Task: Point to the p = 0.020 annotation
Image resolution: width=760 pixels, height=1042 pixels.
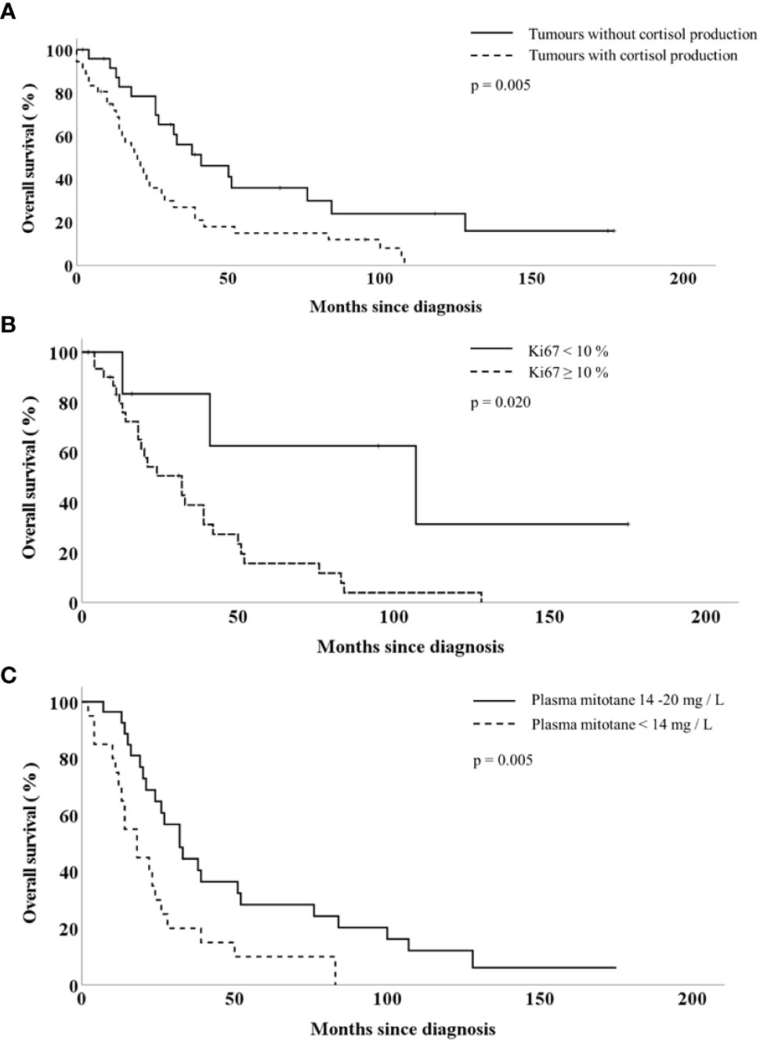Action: point(501,403)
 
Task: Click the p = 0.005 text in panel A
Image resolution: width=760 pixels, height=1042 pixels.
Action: point(501,85)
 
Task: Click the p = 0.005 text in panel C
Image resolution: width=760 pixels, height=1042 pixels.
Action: point(503,761)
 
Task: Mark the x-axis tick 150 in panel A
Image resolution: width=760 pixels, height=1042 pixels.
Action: point(531,279)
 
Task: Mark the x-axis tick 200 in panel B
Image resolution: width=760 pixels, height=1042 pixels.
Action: point(705,617)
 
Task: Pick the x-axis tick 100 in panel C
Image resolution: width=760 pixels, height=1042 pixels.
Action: point(387,999)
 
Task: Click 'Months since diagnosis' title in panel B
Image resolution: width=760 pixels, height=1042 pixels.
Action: point(411,647)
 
